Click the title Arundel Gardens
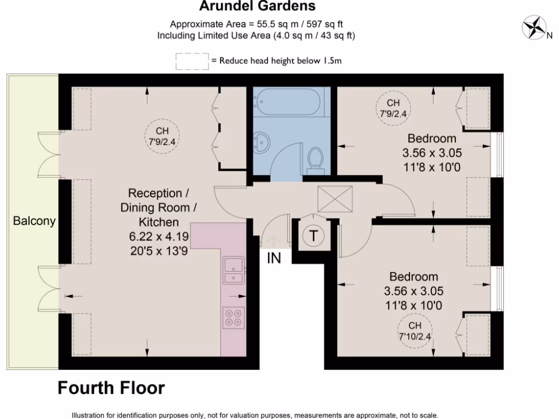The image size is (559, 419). pyautogui.click(x=257, y=7)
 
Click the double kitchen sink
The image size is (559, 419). pyautogui.click(x=234, y=271)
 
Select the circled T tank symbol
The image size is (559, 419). pyautogui.click(x=313, y=236)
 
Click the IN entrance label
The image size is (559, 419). pyautogui.click(x=274, y=258)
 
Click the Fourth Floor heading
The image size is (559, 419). pyautogui.click(x=111, y=388)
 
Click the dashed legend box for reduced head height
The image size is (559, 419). pyautogui.click(x=192, y=61)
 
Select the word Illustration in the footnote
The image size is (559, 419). pyautogui.click(x=91, y=415)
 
